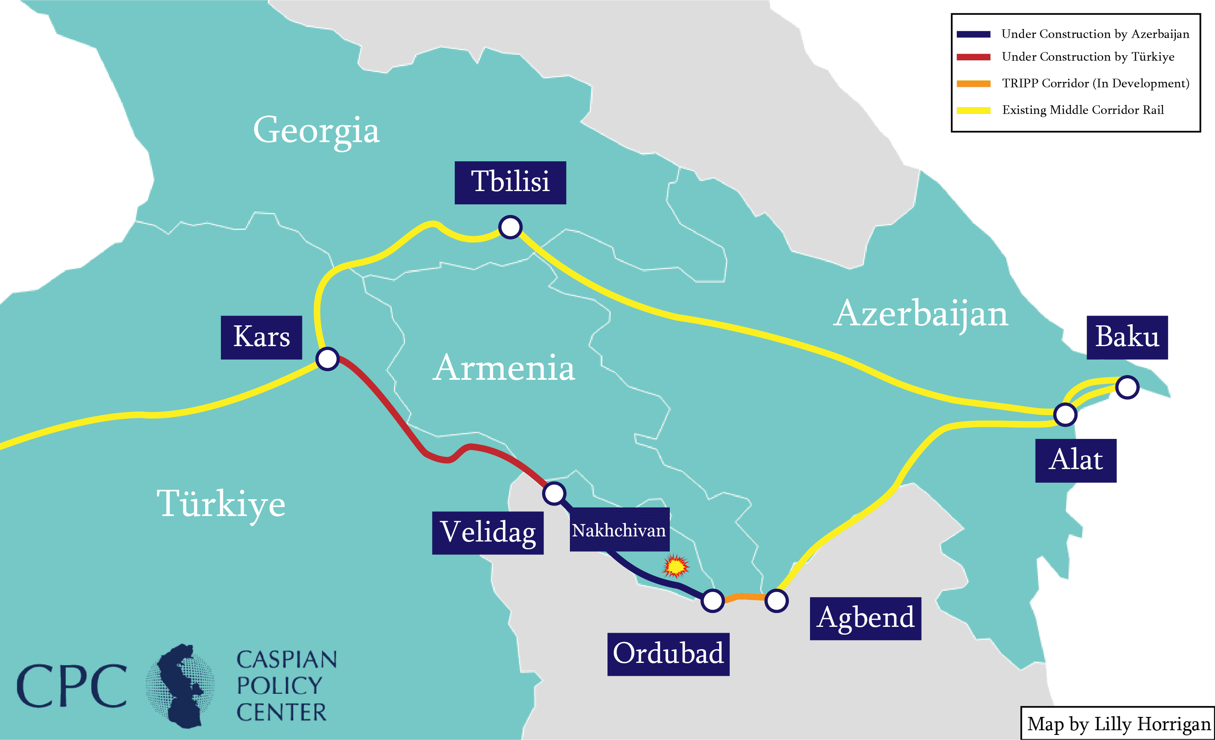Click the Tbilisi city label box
click(x=510, y=182)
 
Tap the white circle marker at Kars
click(x=327, y=358)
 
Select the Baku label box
click(x=1127, y=337)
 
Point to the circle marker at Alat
click(x=1065, y=414)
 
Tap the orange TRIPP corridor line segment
click(x=745, y=597)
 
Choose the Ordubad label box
click(x=668, y=654)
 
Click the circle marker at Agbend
click(x=776, y=601)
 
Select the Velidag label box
click(x=487, y=532)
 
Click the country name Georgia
click(x=316, y=130)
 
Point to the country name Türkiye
click(x=221, y=504)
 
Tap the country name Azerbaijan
click(x=920, y=314)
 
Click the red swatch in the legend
click(x=973, y=57)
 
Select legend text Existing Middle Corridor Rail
click(x=1083, y=110)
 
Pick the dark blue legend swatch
click(x=973, y=34)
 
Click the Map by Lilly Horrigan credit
click(x=1118, y=724)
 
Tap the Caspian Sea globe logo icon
click(x=181, y=685)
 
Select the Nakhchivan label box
click(x=619, y=530)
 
